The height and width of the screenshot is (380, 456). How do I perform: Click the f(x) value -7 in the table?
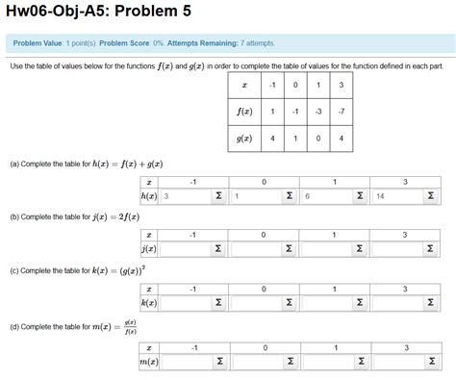tap(340, 111)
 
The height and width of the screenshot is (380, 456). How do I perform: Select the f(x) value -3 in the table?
tap(317, 111)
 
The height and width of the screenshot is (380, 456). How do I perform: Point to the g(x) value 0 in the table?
tap(317, 138)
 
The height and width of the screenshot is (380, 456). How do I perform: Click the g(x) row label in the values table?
tap(246, 138)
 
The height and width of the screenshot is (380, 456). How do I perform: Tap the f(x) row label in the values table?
tap(246, 111)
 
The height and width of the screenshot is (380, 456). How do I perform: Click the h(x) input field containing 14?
tap(391, 196)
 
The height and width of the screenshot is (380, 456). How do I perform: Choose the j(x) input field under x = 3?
tap(391, 249)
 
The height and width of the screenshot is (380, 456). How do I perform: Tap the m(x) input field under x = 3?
tap(391, 362)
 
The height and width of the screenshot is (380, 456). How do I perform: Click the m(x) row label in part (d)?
tap(148, 362)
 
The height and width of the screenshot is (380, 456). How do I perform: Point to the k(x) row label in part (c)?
tap(149, 303)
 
